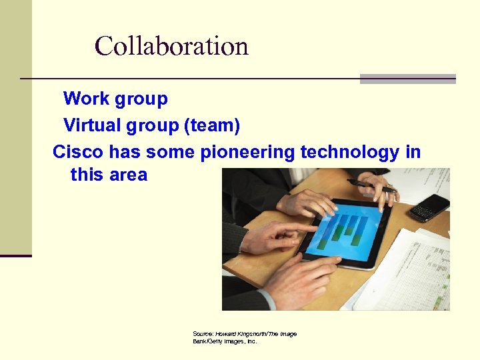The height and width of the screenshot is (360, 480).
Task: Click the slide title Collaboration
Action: tap(171, 46)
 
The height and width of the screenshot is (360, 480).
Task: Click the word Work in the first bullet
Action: tap(86, 99)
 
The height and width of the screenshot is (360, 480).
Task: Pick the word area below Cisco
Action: tap(127, 175)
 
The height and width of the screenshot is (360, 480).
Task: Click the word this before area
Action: tap(85, 175)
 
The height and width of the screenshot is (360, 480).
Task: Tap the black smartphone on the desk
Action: tap(430, 207)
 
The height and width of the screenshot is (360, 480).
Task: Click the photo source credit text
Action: tap(245, 337)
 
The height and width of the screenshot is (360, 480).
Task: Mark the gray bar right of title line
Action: tap(407, 79)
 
